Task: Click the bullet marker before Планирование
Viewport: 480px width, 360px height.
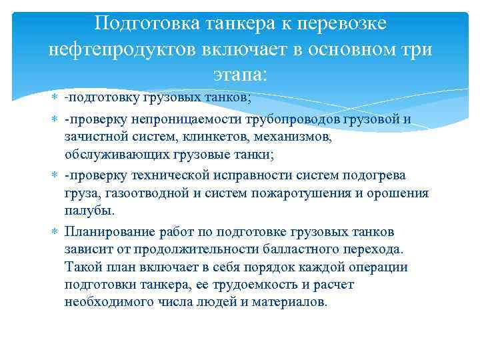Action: [x=55, y=231]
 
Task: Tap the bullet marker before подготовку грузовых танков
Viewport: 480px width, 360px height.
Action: [x=55, y=99]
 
